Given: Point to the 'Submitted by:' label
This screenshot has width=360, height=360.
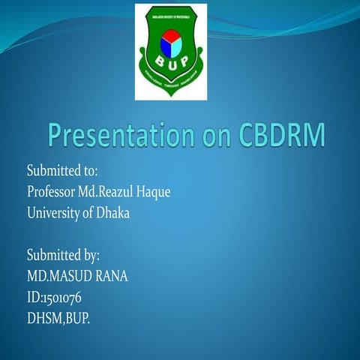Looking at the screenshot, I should click(64, 255).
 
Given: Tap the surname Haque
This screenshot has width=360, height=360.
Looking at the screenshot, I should click(155, 192).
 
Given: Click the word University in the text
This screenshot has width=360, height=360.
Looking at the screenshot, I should click(55, 213).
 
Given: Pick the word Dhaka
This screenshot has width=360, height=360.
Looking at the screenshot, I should click(112, 213).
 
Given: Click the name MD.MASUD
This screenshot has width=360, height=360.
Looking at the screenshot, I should click(56, 276).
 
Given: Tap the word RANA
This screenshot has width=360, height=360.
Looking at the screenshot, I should click(109, 276).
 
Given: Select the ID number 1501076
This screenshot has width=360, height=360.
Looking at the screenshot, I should click(60, 297).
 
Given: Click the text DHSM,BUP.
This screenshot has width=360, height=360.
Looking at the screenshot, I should click(58, 318).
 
